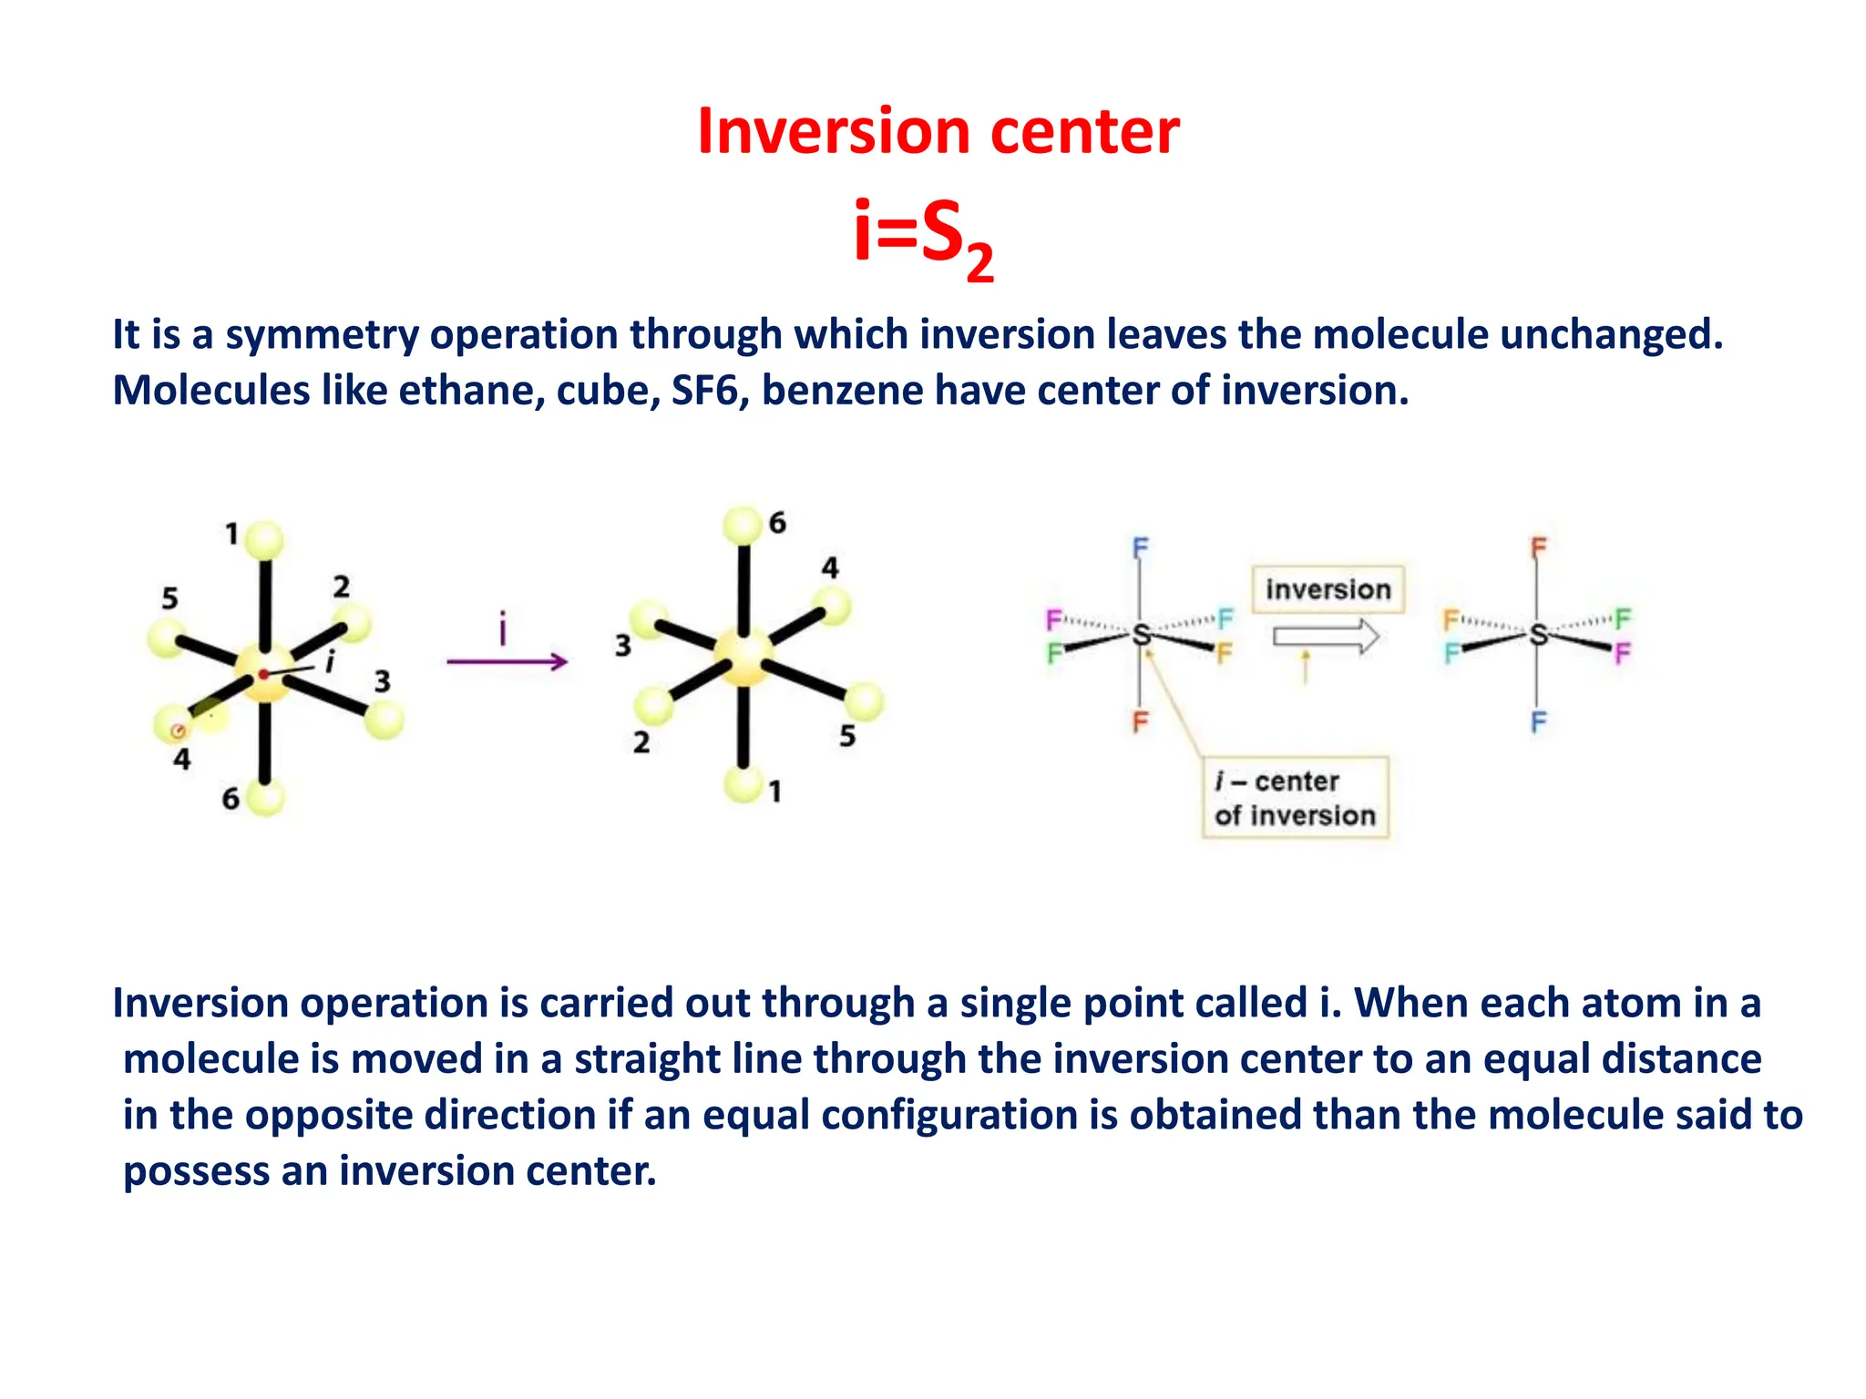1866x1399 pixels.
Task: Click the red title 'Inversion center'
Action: click(938, 131)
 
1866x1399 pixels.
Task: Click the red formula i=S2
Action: click(922, 235)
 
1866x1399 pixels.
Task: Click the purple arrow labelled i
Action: click(507, 660)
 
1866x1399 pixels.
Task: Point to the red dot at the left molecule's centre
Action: click(262, 674)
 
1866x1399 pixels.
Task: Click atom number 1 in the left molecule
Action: click(264, 541)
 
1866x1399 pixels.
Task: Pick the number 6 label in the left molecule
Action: click(231, 799)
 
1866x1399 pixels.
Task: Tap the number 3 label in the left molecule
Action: click(383, 680)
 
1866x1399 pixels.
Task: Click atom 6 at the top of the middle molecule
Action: click(743, 526)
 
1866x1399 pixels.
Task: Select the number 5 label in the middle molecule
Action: click(847, 735)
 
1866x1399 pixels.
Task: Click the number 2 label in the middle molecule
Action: click(641, 742)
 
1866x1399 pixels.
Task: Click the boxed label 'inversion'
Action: click(1328, 589)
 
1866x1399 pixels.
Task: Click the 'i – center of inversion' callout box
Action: click(1295, 798)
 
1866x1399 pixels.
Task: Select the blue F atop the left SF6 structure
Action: click(1140, 547)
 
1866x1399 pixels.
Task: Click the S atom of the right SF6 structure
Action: click(1538, 634)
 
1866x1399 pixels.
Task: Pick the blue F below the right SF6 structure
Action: click(1538, 722)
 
